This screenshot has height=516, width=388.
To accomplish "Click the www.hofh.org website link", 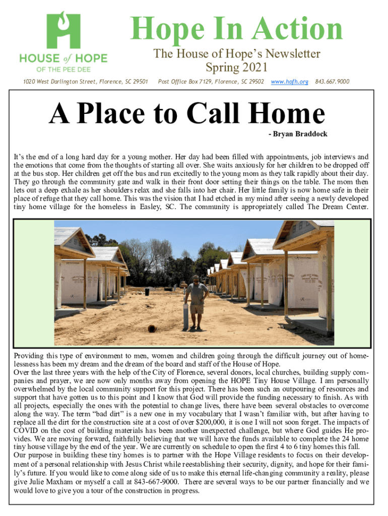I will point(290,81).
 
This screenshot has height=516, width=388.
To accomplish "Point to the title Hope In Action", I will point(237,29).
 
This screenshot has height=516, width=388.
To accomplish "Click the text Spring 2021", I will point(236,67).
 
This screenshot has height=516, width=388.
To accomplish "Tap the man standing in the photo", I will point(197,300).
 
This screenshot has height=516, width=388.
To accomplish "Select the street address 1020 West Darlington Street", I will point(76,81).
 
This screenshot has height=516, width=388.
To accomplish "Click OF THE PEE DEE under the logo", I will point(63,69).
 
